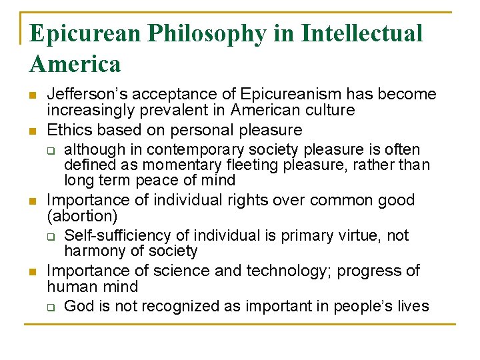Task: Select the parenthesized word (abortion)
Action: [83, 216]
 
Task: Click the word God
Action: [78, 306]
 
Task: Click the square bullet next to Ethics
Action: [33, 131]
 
